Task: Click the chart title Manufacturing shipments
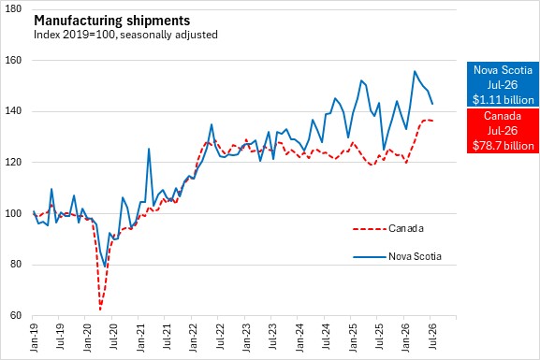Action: click(112, 21)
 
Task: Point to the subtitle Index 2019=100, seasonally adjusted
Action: click(125, 35)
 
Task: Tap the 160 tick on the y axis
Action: click(13, 60)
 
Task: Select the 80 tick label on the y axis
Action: click(16, 265)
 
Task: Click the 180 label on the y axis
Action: click(13, 9)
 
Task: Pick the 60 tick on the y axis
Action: click(16, 315)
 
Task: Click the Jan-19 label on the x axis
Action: click(34, 338)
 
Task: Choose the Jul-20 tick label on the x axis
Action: click(113, 337)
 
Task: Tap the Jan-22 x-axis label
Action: click(193, 338)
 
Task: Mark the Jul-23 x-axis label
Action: click(272, 337)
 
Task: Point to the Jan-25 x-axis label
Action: click(352, 338)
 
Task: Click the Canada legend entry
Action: click(388, 228)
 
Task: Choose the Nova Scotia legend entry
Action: click(397, 256)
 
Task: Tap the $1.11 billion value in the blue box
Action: click(503, 100)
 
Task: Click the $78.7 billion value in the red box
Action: click(503, 146)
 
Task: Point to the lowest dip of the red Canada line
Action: click(100, 310)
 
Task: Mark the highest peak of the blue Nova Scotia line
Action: click(415, 71)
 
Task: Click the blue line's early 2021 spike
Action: click(149, 149)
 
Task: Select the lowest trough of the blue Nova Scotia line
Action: click(105, 266)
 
